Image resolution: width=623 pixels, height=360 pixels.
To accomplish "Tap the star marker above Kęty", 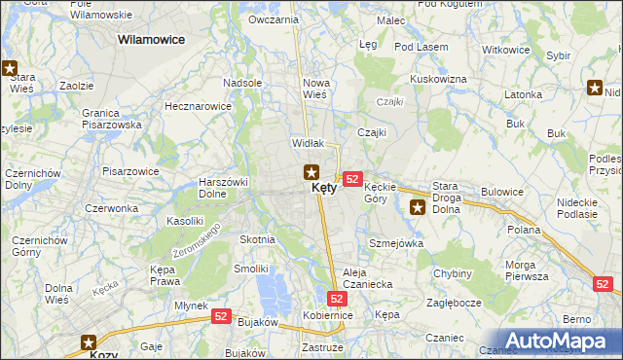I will click(311, 173).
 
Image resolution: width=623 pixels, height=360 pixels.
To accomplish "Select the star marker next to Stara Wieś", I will click(11, 69).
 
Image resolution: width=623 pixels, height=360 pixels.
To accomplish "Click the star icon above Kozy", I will click(91, 342).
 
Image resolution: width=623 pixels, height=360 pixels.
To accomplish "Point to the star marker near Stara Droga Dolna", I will click(419, 206).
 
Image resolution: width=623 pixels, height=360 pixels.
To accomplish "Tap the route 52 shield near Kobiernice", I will click(337, 299).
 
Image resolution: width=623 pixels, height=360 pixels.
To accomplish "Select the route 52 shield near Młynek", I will click(221, 317).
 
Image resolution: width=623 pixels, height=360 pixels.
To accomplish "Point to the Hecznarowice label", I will click(199, 105).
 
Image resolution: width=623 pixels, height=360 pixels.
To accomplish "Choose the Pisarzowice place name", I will click(130, 170).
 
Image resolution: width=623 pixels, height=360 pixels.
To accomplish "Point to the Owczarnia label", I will click(274, 19).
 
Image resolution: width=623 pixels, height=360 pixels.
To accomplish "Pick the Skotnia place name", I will click(257, 238).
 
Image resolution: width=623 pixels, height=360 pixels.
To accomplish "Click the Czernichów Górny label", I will click(38, 246).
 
